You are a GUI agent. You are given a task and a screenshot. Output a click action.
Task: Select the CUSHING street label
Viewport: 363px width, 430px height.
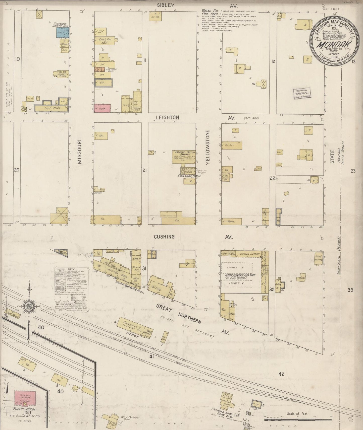pyautogui.click(x=164, y=237)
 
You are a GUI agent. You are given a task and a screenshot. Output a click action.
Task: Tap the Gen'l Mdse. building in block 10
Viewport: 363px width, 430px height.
pyautogui.click(x=49, y=109)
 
